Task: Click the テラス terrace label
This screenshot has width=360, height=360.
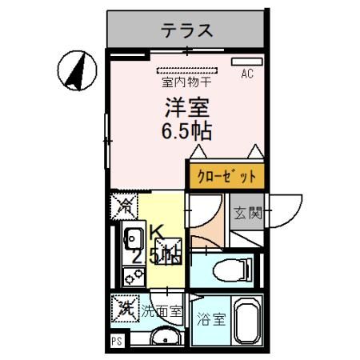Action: click(x=187, y=31)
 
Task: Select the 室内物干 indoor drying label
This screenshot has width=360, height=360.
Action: click(x=186, y=82)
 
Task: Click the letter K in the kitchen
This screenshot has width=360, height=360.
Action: click(x=158, y=234)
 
